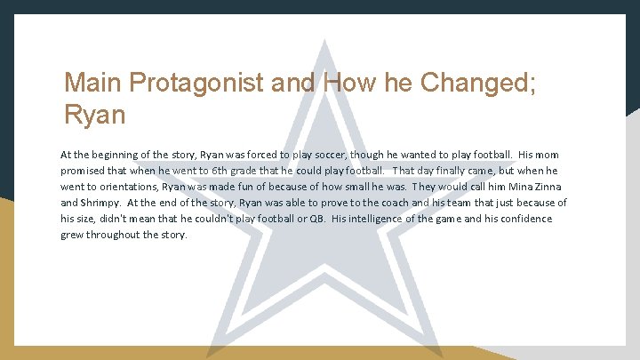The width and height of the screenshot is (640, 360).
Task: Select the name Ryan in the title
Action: tap(95, 115)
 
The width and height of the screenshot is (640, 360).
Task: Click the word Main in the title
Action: tap(94, 84)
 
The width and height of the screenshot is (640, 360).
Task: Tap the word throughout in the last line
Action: tap(116, 235)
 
